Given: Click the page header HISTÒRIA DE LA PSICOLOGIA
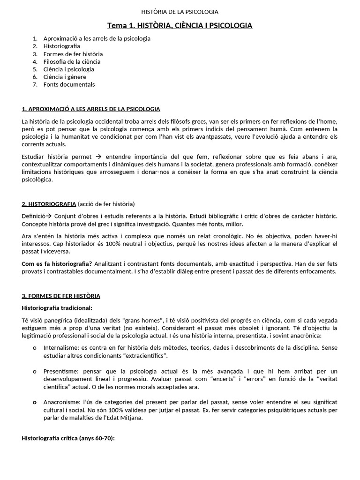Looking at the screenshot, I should tap(180, 12).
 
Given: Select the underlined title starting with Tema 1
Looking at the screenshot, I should tap(180, 25).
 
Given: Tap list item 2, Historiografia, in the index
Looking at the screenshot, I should tap(61, 46).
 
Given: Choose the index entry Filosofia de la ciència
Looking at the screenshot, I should tap(72, 61).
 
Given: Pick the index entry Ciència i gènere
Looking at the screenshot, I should tap(65, 77).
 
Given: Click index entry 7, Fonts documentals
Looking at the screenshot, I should tap(69, 84).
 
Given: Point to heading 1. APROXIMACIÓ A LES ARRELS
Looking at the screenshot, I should tap(91, 109).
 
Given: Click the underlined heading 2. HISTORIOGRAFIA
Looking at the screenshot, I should tap(49, 204).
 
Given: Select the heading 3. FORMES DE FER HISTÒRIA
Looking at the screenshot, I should tap(61, 296).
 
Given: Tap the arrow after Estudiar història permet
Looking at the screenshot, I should tap(98, 156).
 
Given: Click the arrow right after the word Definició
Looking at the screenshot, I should tap(48, 216).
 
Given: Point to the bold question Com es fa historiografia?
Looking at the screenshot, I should tap(57, 264).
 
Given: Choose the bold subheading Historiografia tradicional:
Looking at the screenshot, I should tap(57, 308).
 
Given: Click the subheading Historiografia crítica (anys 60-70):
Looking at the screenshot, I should tap(68, 438).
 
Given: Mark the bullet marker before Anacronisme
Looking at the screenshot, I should tap(35, 403).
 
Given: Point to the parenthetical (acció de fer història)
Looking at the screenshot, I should tap(106, 204).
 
